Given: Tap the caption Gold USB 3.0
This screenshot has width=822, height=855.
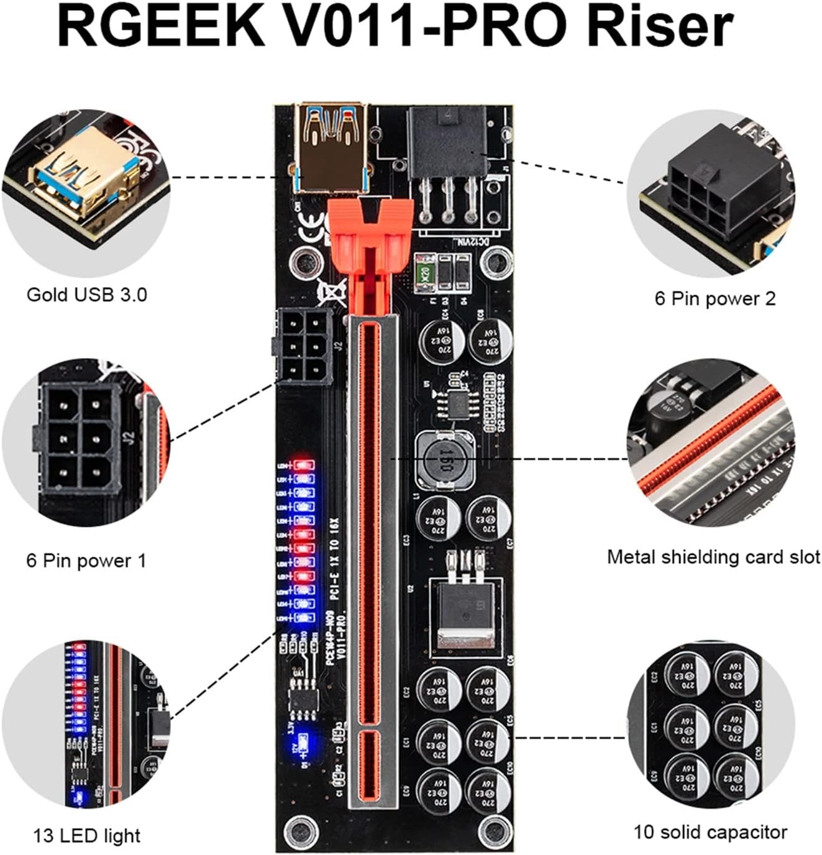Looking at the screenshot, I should pos(86,294).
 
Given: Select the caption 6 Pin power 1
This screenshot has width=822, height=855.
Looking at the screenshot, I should pos(86,560).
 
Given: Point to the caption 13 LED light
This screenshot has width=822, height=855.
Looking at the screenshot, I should pos(86,836).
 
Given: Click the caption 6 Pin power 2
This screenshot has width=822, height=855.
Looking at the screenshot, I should pos(715,298).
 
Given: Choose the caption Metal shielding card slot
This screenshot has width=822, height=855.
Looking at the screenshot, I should pos(713,557).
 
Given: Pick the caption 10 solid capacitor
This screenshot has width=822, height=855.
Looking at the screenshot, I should pos(710,831).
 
